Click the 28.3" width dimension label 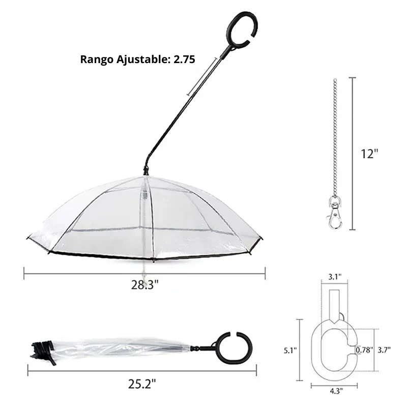(x=144, y=285)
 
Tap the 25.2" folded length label (x=142, y=384)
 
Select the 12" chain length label (x=370, y=154)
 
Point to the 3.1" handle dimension (x=335, y=277)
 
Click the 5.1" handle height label (x=290, y=351)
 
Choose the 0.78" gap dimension (x=364, y=350)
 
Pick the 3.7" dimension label (x=384, y=350)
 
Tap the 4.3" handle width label (x=336, y=391)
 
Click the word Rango (x=97, y=60)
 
